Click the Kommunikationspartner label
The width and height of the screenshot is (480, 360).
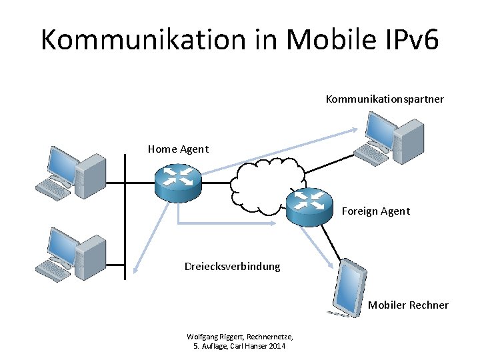[x=385, y=99]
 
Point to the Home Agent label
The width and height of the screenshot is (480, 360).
[x=178, y=149]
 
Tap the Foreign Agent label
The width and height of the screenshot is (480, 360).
[x=376, y=211]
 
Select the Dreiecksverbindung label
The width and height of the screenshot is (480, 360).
[x=232, y=267]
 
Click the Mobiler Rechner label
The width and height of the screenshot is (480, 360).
[x=408, y=305]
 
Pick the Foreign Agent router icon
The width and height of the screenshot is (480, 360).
[x=309, y=205]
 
